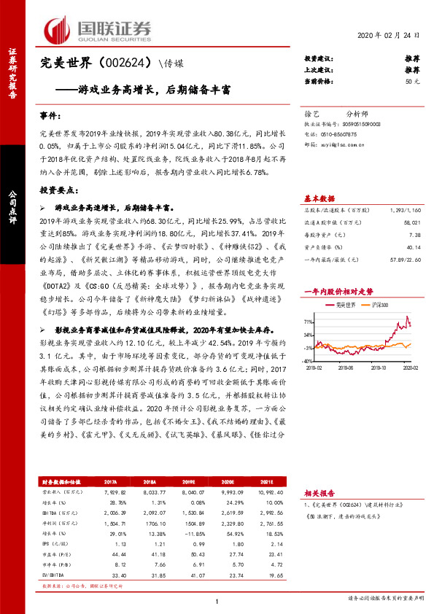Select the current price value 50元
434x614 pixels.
pos(412,82)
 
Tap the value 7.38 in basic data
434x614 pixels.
pos(414,236)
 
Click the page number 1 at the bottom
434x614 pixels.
pos(217,601)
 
